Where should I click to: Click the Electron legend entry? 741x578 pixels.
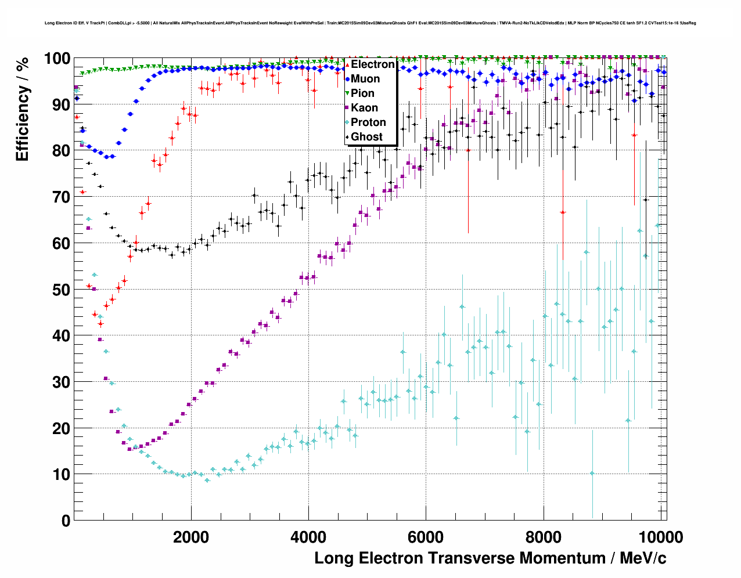[x=372, y=64]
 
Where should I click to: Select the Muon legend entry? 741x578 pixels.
[x=365, y=79]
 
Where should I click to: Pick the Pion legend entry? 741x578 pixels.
[x=362, y=93]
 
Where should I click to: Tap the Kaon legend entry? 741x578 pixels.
[x=364, y=108]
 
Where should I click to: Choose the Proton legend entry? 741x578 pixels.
[x=368, y=122]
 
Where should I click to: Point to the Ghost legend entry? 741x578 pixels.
[x=366, y=137]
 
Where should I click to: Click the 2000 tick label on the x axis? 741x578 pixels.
[x=191, y=537]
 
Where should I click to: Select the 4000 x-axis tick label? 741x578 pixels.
[x=308, y=537]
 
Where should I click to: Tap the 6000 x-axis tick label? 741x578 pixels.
[x=426, y=537]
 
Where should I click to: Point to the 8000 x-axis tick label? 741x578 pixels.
[x=544, y=537]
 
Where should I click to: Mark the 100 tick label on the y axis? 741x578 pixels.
[x=57, y=59]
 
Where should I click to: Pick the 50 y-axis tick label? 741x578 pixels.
[x=61, y=290]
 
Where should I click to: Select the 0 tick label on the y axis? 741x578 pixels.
[x=66, y=521]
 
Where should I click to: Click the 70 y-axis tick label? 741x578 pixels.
[x=61, y=197]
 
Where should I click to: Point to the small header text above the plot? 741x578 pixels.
[x=370, y=23]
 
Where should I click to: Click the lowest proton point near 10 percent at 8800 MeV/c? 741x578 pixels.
[x=592, y=473]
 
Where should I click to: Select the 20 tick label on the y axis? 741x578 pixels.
[x=61, y=428]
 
